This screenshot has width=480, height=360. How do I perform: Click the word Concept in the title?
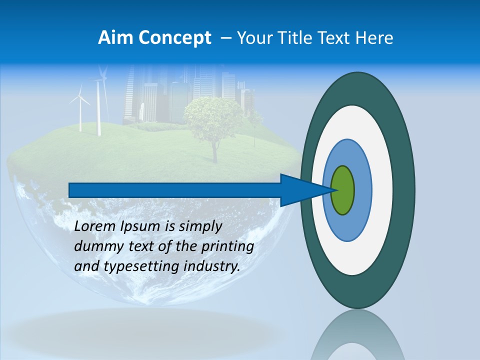click(175, 38)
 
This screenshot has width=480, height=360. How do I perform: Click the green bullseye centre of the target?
click(343, 190)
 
